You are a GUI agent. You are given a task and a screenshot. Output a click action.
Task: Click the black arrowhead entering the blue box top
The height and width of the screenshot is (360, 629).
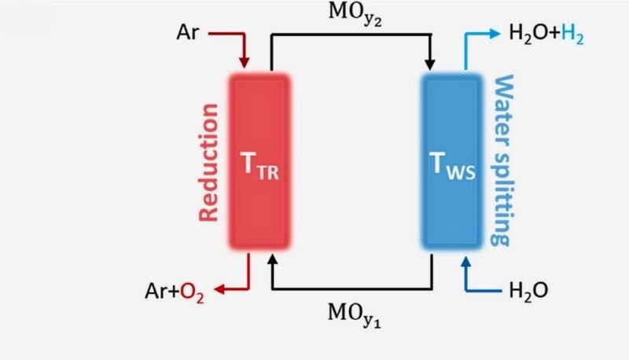[x=430, y=63]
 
